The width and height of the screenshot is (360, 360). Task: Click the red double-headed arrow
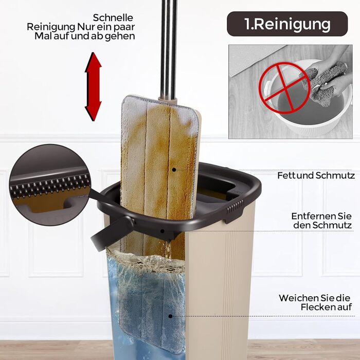93,86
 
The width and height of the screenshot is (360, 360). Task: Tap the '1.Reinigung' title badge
287,24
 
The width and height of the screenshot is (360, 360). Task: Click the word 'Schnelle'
113,17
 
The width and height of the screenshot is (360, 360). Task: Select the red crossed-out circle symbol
284,88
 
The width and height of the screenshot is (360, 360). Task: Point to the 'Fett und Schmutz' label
316,175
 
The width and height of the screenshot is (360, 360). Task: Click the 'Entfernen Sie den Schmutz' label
321,221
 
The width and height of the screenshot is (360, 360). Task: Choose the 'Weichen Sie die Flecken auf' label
315,302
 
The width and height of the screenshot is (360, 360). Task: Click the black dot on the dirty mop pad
174,170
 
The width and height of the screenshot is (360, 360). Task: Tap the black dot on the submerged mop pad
170,316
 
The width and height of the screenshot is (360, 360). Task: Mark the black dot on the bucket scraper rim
163,231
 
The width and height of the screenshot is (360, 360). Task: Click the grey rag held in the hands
326,83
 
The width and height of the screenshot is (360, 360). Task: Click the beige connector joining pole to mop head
168,101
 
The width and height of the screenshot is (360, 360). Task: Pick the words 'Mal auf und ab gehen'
84,37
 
